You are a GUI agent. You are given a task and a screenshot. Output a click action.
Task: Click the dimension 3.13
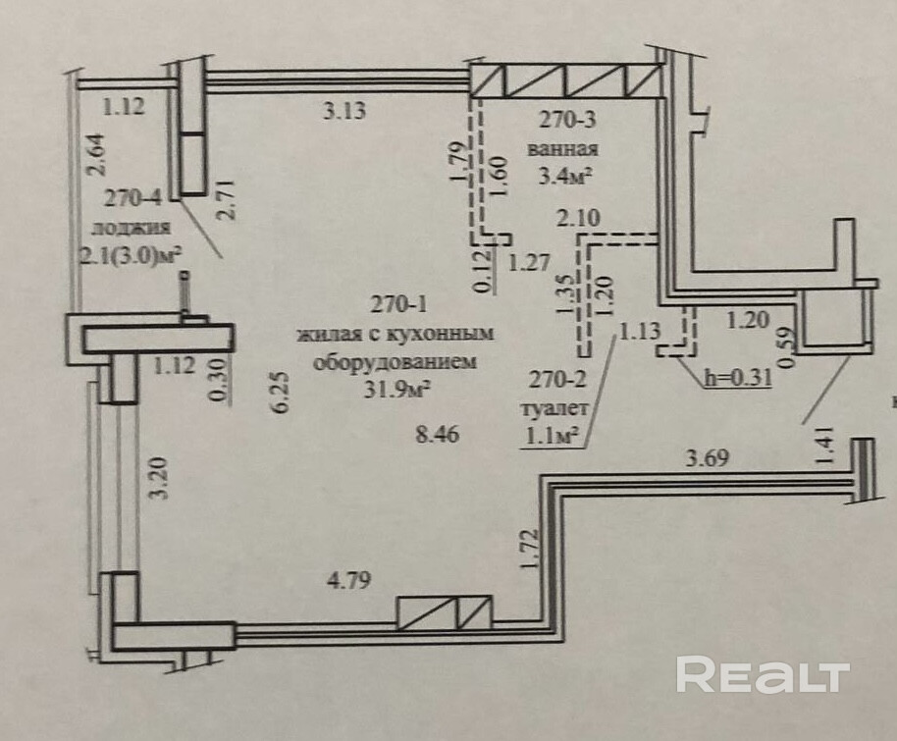[x=344, y=112]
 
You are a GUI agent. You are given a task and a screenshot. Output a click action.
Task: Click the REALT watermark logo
[x=762, y=675]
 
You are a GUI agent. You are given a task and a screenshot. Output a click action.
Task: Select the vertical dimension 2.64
[x=96, y=154]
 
